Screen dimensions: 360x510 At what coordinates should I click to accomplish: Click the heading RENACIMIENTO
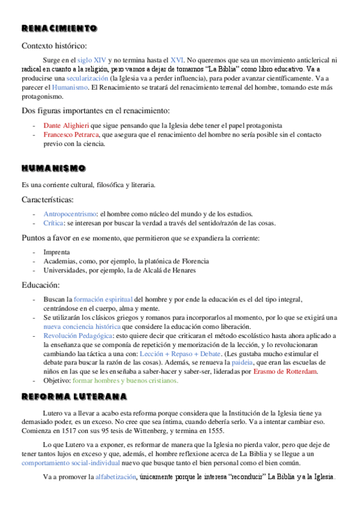tap(59, 28)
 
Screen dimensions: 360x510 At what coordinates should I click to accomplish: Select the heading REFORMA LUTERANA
tap(74, 396)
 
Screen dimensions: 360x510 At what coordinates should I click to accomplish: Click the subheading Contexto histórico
tap(54, 46)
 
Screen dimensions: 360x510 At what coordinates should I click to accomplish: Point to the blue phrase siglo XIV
tap(93, 60)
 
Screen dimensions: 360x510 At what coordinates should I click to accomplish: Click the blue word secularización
tap(88, 78)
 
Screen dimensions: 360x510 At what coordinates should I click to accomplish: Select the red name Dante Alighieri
tap(66, 125)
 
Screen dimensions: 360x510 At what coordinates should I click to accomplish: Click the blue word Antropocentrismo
tap(69, 214)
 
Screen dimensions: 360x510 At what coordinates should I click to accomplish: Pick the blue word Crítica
tap(53, 223)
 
